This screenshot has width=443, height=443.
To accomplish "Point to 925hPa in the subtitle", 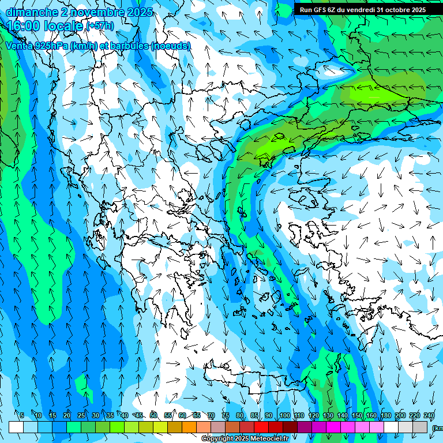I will (48, 46).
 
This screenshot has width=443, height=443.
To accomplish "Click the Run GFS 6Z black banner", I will (362, 9).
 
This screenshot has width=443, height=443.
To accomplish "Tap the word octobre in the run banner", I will (392, 9).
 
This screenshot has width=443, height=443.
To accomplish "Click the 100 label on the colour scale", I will (284, 415).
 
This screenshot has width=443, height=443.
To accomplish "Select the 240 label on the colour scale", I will (429, 415).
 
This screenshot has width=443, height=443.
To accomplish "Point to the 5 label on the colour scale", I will (22, 415).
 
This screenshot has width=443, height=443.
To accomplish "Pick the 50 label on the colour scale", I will (153, 415).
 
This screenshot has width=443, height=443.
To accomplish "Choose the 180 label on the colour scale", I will (385, 415).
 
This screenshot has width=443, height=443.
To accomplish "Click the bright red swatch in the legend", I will (261, 427).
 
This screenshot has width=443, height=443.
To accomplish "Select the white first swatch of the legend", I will (16, 427).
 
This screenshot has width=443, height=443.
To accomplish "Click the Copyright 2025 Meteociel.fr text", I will (244, 438).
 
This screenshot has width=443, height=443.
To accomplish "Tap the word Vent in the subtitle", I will (16, 46).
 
